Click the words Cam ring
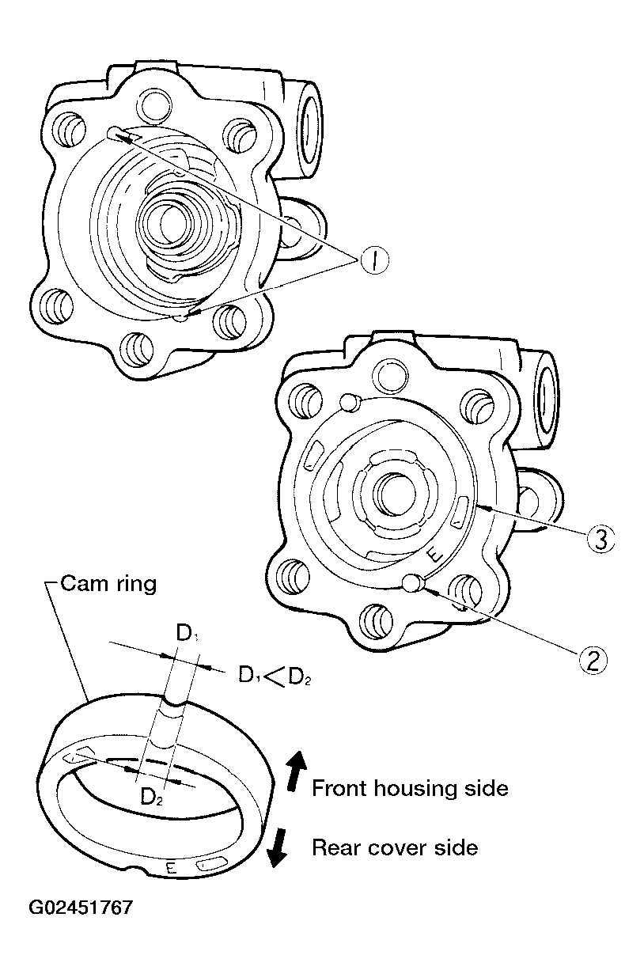109,585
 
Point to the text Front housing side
410,788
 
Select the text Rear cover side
395,847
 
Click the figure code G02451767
81,907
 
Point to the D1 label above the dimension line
186,633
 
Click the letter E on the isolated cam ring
171,868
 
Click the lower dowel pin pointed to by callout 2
411,584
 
